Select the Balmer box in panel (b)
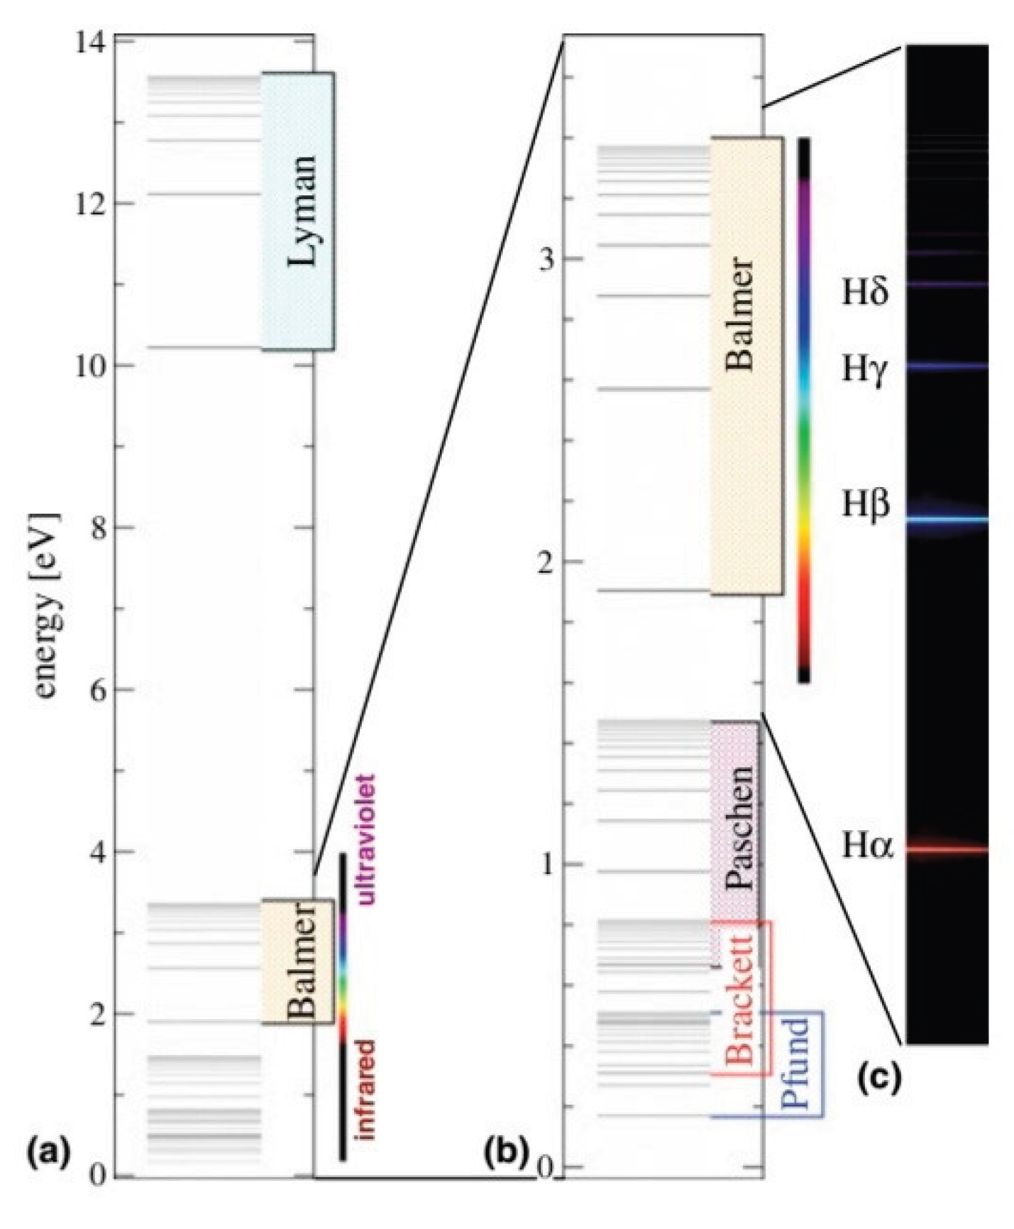(x=746, y=365)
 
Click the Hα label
(x=868, y=846)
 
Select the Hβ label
(x=866, y=505)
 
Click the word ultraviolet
(x=366, y=840)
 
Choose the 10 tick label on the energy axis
(x=90, y=366)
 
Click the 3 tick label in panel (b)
(x=546, y=259)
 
